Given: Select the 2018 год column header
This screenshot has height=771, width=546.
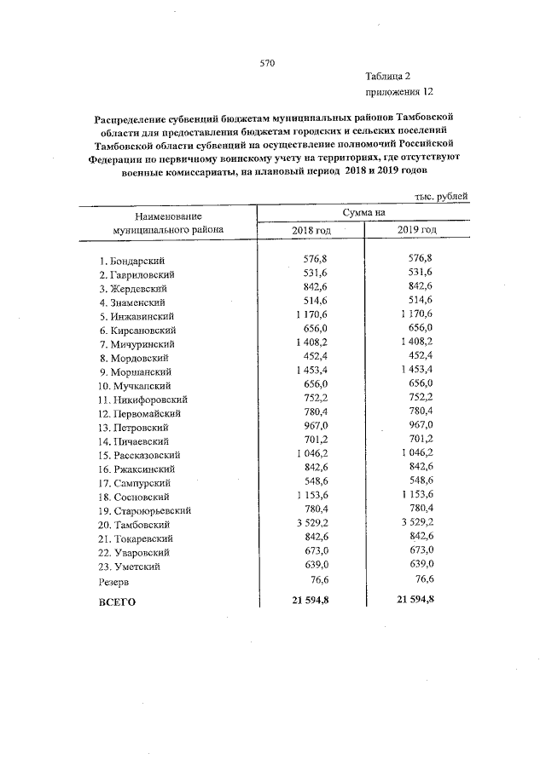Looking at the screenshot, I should (x=311, y=231).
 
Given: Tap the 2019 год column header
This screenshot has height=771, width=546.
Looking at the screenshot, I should (x=417, y=231).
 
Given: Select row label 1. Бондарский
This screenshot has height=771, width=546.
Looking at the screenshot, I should (x=131, y=260).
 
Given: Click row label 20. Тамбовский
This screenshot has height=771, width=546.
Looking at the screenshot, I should (x=135, y=525).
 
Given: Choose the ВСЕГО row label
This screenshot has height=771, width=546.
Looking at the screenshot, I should (x=118, y=601).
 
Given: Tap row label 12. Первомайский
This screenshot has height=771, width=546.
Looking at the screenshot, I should (x=137, y=413).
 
